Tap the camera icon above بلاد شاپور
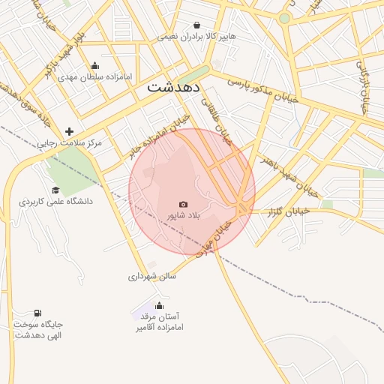[184, 204]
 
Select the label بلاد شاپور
[184, 215]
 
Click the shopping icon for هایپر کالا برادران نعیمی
[196, 25]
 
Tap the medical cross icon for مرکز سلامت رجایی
[69, 131]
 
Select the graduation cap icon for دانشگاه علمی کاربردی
[55, 190]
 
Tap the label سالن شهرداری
[151, 276]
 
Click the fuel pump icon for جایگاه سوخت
[37, 313]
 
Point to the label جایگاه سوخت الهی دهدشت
[38, 329]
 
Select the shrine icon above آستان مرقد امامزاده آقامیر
[159, 305]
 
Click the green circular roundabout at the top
[284, 18]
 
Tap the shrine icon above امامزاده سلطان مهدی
[94, 66]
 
